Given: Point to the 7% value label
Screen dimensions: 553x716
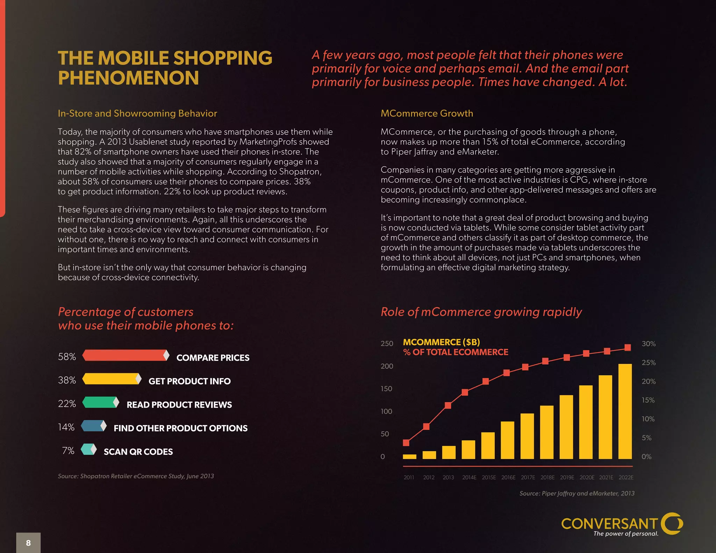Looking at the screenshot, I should click(x=68, y=451).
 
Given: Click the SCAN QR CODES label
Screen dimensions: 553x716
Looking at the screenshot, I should click(x=138, y=452).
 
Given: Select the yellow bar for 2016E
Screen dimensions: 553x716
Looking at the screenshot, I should click(x=507, y=440).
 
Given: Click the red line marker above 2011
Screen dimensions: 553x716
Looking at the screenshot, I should click(x=406, y=443).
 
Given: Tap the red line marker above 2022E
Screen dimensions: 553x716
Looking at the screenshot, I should click(x=628, y=347).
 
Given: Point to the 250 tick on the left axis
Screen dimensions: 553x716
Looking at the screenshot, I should click(x=387, y=344).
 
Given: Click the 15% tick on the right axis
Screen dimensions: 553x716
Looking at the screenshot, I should click(x=648, y=400).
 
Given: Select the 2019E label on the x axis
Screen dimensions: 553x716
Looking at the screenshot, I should click(x=567, y=477).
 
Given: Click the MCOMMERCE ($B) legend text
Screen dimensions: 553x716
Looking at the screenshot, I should click(x=441, y=342).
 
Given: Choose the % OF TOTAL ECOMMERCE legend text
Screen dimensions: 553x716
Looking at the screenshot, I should click(x=456, y=352).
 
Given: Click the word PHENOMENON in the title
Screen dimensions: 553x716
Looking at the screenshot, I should click(x=128, y=78).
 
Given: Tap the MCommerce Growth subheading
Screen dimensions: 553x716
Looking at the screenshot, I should click(x=427, y=113).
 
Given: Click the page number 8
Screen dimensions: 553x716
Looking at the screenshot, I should click(x=28, y=543).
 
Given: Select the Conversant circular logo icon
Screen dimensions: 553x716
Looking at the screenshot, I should click(x=672, y=523).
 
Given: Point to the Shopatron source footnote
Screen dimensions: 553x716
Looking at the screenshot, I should click(x=136, y=476).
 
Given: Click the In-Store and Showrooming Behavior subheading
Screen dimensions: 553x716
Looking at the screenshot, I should click(x=137, y=113).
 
